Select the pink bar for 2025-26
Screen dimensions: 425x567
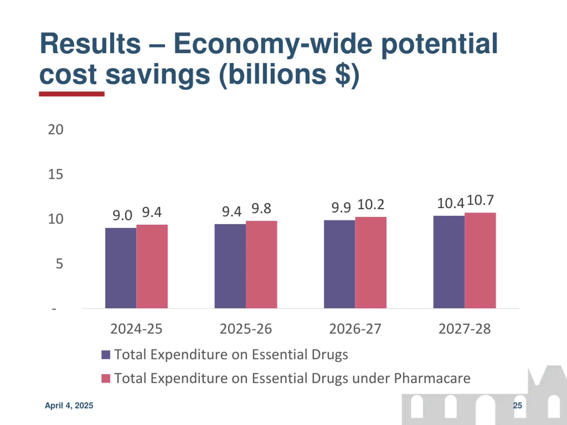[x=261, y=264]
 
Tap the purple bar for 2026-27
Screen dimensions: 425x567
[x=339, y=264]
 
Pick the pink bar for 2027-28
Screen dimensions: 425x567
[x=480, y=260]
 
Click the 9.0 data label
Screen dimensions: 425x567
[x=122, y=215]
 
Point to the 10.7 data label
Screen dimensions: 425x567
[x=480, y=200]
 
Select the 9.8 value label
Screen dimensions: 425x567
[x=261, y=208]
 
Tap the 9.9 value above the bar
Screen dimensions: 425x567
[x=341, y=207]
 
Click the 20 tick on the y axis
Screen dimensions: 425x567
[x=56, y=130]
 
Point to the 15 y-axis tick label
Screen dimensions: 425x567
[x=56, y=174]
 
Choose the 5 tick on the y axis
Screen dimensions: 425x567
[x=59, y=264]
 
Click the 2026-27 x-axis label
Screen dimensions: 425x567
[x=355, y=329]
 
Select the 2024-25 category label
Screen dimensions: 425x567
[x=136, y=329]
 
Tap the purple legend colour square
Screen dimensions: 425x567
[x=106, y=355]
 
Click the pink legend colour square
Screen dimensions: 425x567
[x=106, y=378]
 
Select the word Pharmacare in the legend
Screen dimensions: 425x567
[x=432, y=378]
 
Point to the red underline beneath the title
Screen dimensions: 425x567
[x=72, y=94]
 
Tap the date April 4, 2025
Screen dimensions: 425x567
[x=69, y=405]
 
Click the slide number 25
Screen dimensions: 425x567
[x=517, y=405]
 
